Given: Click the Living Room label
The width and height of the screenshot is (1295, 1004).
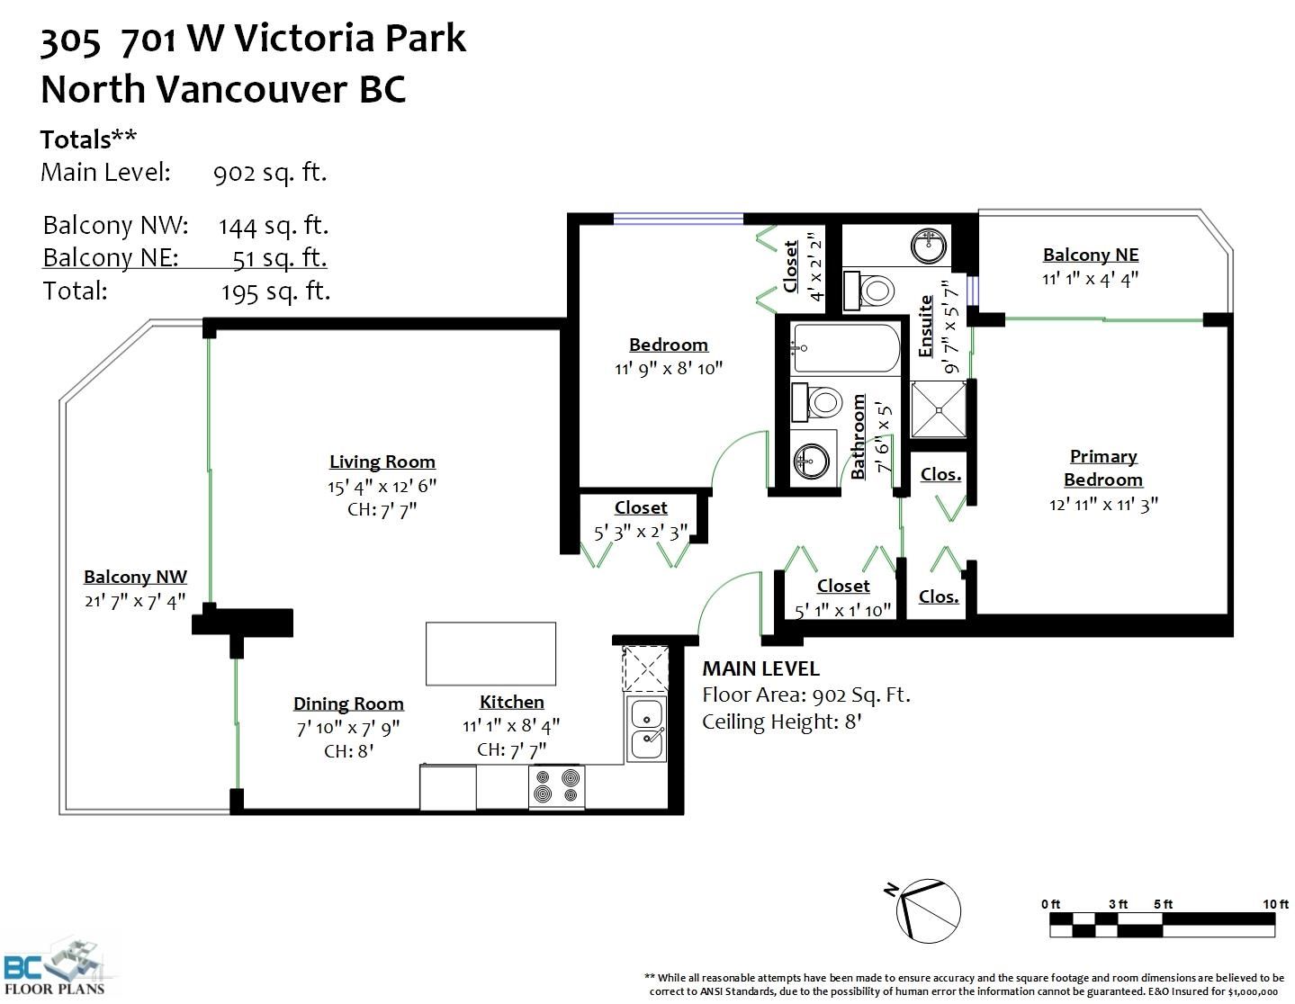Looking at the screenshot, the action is point(382,462).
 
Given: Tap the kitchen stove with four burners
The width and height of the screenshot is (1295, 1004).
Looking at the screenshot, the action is point(557,786).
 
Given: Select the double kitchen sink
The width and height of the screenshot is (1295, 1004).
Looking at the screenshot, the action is point(646,729).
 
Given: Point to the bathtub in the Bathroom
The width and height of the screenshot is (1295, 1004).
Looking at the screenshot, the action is point(845,348).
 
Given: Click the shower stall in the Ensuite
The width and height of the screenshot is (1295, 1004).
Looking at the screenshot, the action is point(939,409).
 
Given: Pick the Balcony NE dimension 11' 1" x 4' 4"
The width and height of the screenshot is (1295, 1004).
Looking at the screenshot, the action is point(1090,279).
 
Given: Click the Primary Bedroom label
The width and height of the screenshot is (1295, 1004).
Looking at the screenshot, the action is point(1103,468).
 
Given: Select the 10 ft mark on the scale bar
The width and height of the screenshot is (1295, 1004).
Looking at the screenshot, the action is point(1274,904).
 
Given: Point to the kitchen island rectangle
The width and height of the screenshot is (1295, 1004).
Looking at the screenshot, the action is point(490,654).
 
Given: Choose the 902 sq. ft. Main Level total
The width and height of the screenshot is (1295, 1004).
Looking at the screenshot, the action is point(270,173).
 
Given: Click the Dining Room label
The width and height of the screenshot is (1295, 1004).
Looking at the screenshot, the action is point(348,704).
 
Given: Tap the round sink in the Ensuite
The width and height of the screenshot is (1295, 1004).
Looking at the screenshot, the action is point(928,245).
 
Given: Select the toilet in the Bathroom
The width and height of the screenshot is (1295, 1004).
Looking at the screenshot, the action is point(817,403).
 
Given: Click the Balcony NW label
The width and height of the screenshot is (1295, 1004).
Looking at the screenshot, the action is point(135,577).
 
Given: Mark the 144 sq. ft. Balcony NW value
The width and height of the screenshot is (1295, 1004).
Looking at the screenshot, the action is point(274,226).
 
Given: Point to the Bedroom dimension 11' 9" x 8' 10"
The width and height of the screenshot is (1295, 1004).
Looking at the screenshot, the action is point(668,369).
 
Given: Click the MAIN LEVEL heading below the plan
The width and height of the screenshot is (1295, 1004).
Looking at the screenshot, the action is point(761,668).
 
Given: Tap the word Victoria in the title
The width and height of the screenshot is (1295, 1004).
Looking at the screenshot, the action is point(303,39).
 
